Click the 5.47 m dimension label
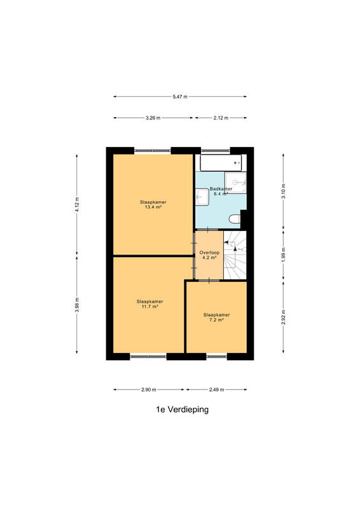[180, 97]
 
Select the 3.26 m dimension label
[153, 118]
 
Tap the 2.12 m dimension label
[221, 118]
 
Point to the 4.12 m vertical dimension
[77, 204]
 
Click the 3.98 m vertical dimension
[77, 305]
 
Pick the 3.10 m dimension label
[284, 192]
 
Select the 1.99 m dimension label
[284, 255]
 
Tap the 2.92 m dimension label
[284, 317]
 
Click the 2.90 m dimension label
[149, 389]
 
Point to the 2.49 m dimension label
[216, 389]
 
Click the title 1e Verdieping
[183, 410]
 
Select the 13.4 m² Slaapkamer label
[153, 204]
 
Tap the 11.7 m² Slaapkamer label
[149, 304]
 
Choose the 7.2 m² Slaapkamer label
[216, 317]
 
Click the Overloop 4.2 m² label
[209, 255]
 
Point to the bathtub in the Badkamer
[221, 163]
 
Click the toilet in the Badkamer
[235, 220]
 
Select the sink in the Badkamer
[202, 197]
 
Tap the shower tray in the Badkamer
[236, 183]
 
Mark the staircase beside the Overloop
[235, 255]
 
